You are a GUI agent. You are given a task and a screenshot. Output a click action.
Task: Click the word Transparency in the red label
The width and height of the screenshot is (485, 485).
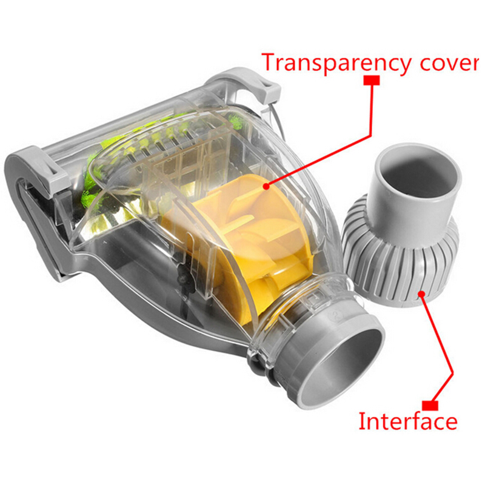click(336, 64)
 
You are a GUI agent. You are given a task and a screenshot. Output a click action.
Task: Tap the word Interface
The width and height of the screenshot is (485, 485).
click(407, 421)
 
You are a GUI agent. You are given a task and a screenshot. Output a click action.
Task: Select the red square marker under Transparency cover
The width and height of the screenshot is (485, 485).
click(371, 80)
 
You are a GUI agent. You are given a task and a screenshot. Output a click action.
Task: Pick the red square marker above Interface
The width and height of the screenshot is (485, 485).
click(430, 406)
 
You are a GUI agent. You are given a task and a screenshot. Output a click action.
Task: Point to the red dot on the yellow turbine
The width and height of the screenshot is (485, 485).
click(266, 186)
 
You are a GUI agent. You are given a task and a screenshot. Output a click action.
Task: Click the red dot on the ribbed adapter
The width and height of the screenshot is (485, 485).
click(421, 293)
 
